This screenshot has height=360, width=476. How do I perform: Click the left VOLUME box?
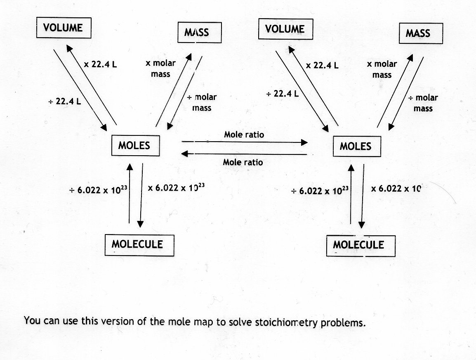[63, 28]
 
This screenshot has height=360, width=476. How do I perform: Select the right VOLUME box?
[285, 29]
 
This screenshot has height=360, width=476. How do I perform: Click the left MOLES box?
[135, 145]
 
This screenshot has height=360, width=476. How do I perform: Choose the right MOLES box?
[356, 146]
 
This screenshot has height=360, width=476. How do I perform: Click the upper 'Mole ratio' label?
[244, 135]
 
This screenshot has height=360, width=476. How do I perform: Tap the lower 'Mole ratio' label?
[243, 162]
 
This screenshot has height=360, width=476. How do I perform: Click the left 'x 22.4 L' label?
[101, 64]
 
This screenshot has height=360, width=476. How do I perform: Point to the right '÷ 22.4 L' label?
[283, 94]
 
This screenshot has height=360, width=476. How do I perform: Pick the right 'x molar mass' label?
[382, 69]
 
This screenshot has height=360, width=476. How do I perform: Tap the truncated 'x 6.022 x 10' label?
[395, 188]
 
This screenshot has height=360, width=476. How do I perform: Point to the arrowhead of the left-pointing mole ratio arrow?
[184, 154]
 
